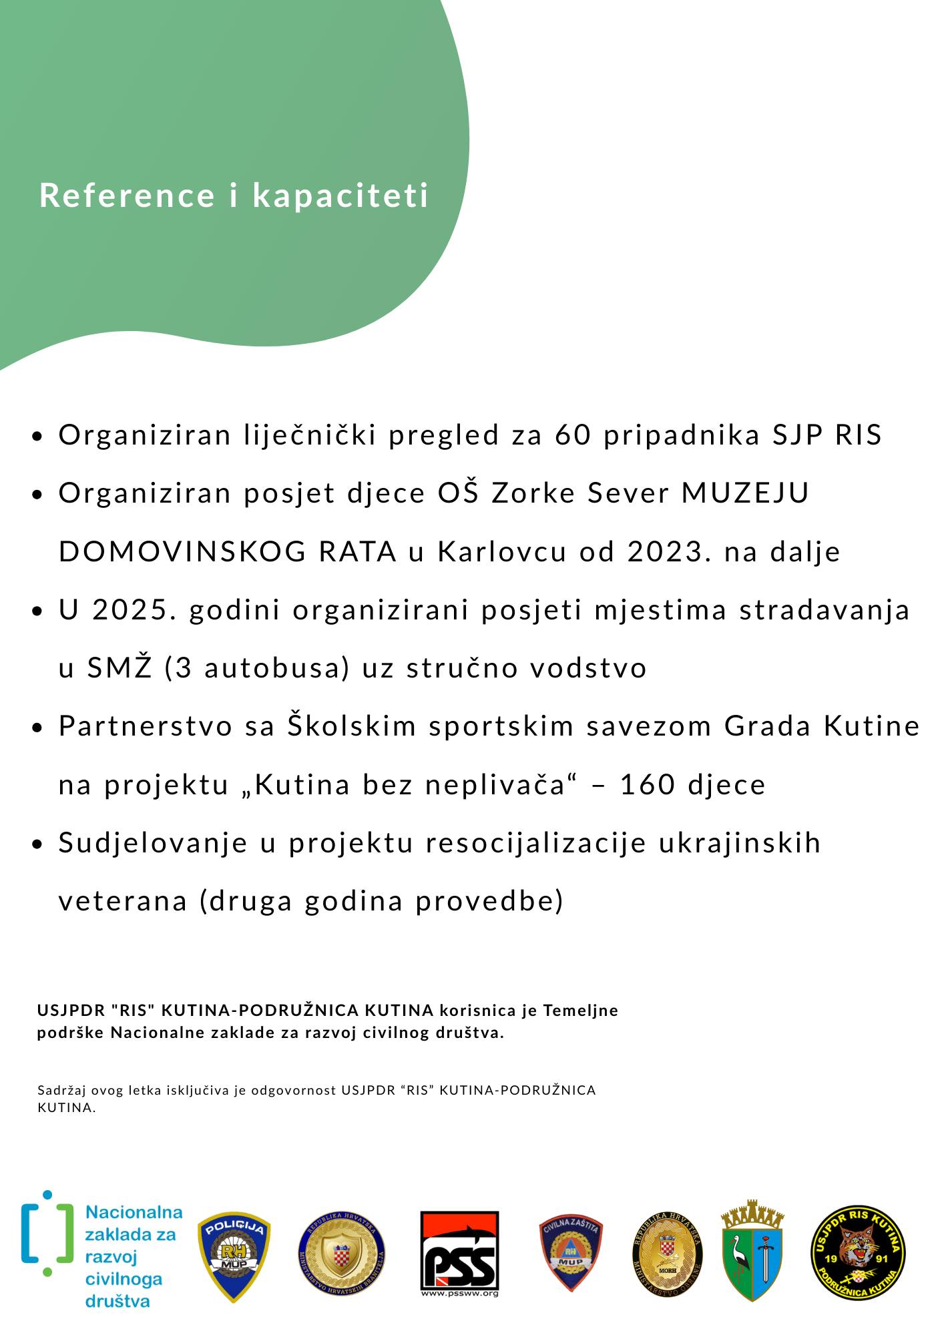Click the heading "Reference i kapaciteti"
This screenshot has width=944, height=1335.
pyautogui.click(x=234, y=195)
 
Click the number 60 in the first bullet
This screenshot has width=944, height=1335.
pyautogui.click(x=573, y=435)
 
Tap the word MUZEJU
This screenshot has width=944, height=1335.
pyautogui.click(x=745, y=494)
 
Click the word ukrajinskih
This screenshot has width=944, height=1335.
pyautogui.click(x=740, y=843)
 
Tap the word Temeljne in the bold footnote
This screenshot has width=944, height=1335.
pyautogui.click(x=580, y=1011)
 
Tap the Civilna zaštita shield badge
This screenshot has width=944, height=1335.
pyautogui.click(x=570, y=1252)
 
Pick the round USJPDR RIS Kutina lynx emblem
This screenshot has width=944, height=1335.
pyautogui.click(x=858, y=1254)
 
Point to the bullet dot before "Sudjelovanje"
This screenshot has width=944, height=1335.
pyautogui.click(x=37, y=844)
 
